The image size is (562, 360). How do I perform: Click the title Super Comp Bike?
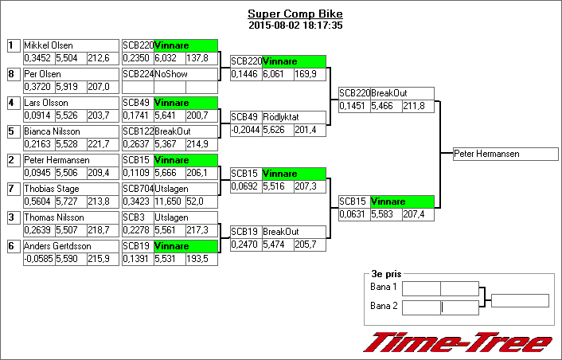coord(295,14)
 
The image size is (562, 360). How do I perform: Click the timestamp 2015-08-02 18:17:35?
coord(295,25)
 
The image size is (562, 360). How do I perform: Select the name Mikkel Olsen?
coord(49,45)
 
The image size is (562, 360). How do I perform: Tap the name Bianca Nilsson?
coord(52,131)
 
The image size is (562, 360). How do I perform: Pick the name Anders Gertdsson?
coord(56,246)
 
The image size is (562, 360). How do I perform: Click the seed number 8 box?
coord(13,74)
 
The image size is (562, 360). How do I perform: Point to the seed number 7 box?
coord(13,189)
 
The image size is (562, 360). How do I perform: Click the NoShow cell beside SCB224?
coord(185,74)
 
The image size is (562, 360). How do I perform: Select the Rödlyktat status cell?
coord(293,117)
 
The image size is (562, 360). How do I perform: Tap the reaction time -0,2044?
coord(245,130)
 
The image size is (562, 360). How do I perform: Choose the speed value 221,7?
coord(102,144)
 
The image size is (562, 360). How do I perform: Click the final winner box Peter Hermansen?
coord(505,154)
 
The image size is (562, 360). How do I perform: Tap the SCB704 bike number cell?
coord(137,189)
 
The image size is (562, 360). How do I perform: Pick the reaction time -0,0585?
coord(37,259)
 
